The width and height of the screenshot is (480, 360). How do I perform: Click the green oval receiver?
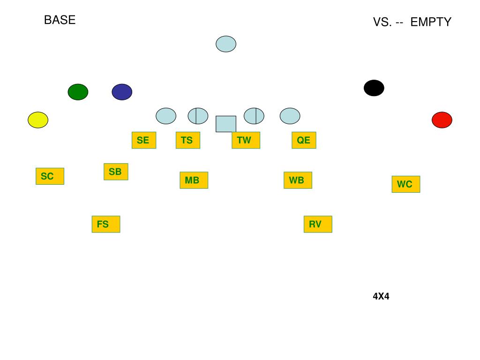78,92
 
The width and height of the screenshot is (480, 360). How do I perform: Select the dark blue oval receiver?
122,92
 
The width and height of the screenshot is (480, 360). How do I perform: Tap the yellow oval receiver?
38,120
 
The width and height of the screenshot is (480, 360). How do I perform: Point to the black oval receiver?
374,88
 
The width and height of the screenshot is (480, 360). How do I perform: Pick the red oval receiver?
442,120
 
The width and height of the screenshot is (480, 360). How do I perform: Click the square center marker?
226,124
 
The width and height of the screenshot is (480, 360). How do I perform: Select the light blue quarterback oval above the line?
226,44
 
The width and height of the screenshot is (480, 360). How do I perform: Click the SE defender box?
143,140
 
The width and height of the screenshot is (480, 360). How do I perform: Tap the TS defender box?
187,140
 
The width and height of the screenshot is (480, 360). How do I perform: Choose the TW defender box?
246,140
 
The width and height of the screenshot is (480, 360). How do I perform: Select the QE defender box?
304,140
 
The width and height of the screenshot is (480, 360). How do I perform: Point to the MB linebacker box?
194,180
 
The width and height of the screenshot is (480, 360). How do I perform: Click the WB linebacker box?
298,180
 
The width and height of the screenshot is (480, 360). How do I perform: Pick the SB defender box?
116,172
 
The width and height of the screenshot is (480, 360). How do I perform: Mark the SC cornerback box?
50,176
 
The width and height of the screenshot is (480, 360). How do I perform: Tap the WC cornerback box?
405,184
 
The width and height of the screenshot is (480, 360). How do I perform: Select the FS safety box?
105,224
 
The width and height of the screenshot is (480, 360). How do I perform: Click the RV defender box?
318,224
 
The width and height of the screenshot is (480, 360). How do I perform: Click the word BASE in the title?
60,20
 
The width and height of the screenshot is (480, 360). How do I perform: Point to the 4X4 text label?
381,296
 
